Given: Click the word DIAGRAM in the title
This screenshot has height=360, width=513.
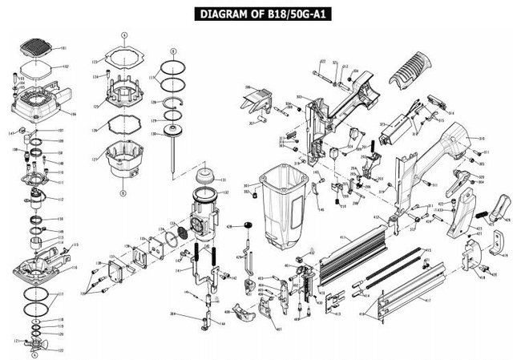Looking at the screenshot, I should pos(220,14).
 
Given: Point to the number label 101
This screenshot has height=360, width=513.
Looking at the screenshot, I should pos(65,49).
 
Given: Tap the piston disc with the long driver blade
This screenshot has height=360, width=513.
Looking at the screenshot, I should pos(171,135).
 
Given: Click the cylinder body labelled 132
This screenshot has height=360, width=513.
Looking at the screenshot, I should pos(204,213).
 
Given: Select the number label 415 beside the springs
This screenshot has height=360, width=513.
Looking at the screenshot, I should pos(427,250).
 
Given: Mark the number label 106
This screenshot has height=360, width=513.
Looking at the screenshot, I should pos(75,113).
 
